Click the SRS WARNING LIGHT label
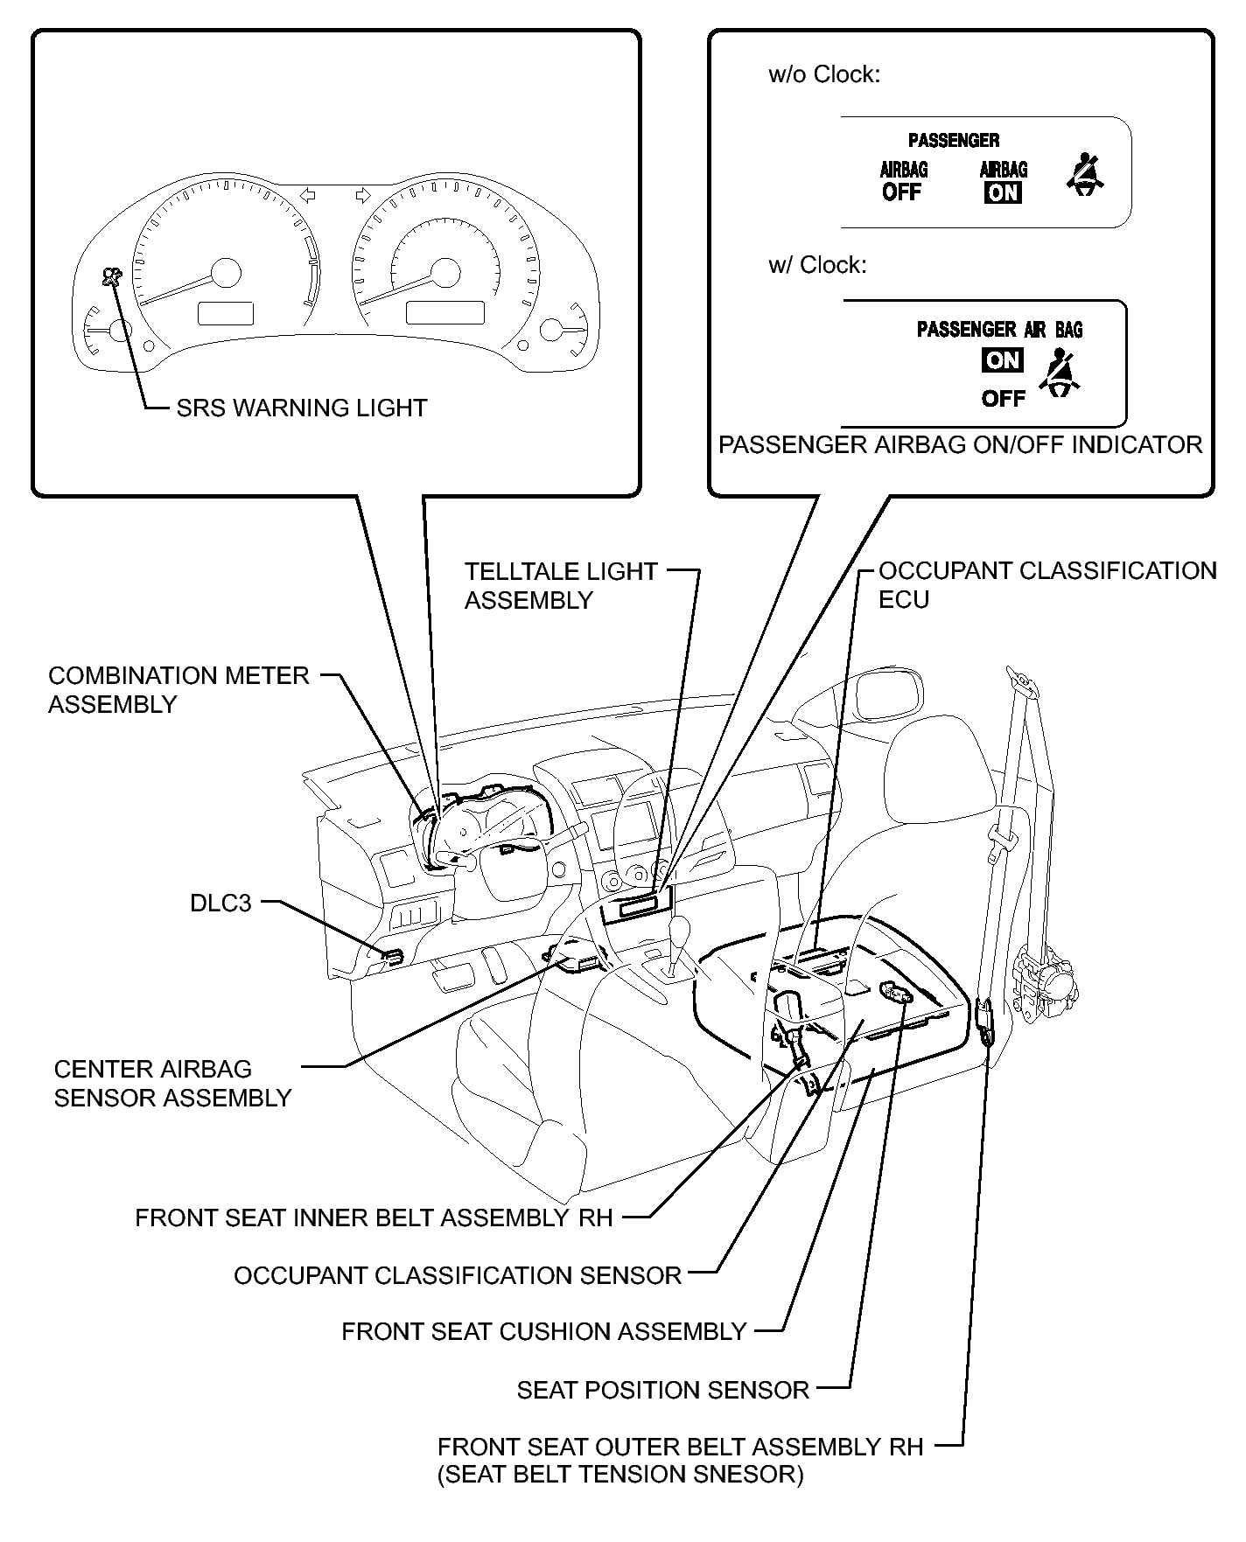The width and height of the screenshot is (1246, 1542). pyautogui.click(x=301, y=408)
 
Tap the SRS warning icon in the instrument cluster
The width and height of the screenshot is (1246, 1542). pyautogui.click(x=111, y=278)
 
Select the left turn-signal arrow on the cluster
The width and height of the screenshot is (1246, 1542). pyautogui.click(x=307, y=195)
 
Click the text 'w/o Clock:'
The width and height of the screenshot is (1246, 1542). pyautogui.click(x=823, y=75)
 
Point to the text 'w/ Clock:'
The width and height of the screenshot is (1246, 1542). pyautogui.click(x=817, y=265)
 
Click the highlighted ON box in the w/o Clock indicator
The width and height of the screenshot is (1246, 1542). pyautogui.click(x=1003, y=192)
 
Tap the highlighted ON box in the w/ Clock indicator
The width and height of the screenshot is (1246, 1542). pyautogui.click(x=1002, y=359)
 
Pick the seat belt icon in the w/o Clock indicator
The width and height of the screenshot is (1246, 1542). pyautogui.click(x=1085, y=173)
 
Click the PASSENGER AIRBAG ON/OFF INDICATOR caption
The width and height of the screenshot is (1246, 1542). pyautogui.click(x=960, y=445)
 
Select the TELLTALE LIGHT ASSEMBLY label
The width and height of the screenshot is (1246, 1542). pyautogui.click(x=560, y=586)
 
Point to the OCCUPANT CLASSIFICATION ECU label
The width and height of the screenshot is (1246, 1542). pyautogui.click(x=1046, y=585)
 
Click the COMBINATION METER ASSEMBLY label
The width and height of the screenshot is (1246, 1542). pyautogui.click(x=178, y=690)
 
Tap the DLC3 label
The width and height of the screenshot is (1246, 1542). pyautogui.click(x=220, y=903)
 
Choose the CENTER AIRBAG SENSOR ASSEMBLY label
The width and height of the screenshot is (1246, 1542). pyautogui.click(x=172, y=1084)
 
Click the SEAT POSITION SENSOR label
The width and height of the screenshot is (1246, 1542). pyautogui.click(x=662, y=1390)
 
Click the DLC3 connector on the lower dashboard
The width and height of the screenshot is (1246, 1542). pyautogui.click(x=393, y=956)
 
